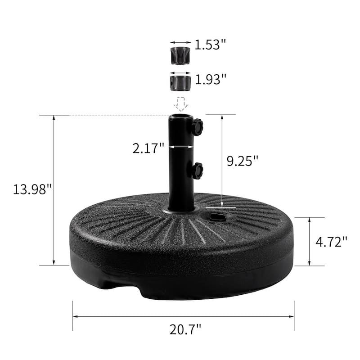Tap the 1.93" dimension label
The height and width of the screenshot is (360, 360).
click(x=211, y=79)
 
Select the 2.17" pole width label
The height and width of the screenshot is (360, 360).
click(x=148, y=148)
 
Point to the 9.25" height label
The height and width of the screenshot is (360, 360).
click(x=243, y=161)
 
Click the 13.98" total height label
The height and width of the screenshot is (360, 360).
click(x=32, y=189)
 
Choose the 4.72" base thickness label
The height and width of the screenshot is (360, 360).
click(x=331, y=242)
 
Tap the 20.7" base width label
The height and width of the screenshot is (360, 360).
click(x=185, y=329)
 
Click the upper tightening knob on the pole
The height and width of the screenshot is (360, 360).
click(x=198, y=126)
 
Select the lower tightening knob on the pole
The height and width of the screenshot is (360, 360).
click(x=198, y=171)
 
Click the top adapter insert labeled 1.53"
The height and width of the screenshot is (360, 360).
click(x=180, y=56)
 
